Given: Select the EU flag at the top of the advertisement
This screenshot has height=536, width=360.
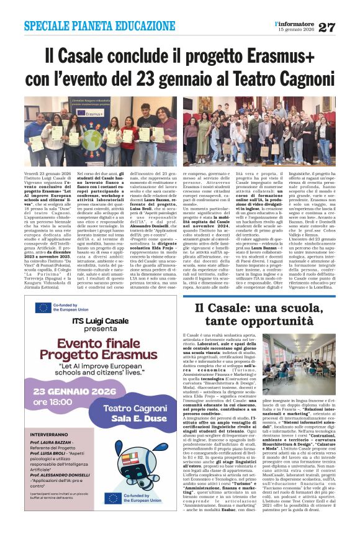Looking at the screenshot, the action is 43,307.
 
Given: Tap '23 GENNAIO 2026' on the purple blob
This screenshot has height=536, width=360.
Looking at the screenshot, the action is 74,392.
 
